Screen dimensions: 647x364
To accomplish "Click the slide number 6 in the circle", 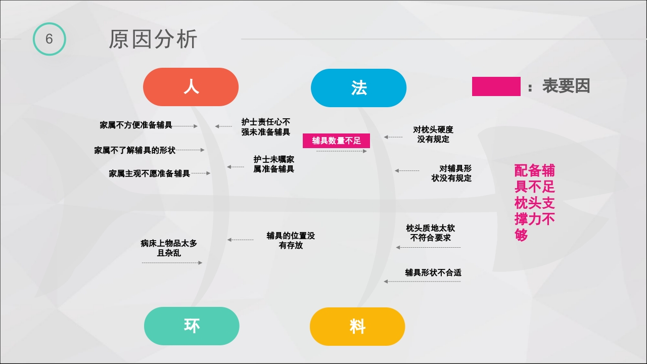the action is (49, 39).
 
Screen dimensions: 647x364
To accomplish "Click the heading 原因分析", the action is (153, 39).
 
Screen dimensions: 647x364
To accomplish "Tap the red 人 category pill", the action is (191, 87).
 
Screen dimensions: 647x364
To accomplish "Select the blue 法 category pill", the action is (358, 88).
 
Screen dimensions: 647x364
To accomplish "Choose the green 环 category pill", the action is (192, 326).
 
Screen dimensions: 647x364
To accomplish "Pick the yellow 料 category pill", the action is (357, 326).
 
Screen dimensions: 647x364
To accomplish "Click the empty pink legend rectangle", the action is (496, 86).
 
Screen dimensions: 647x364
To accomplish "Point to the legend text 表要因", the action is (566, 86).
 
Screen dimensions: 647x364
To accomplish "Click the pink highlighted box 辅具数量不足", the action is (336, 141).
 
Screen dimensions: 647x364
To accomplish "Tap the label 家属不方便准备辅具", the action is (135, 125).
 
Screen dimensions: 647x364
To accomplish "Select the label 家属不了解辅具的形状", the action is (134, 150).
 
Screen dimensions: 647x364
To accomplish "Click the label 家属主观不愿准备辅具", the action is (149, 173).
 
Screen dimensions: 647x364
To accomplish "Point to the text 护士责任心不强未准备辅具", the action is (265, 127).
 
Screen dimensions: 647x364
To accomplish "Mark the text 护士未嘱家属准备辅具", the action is (273, 164).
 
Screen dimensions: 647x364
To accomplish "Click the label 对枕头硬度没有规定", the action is (433, 134).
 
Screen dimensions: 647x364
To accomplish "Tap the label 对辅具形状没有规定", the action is (451, 173).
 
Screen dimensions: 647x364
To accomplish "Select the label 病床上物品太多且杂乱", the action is (169, 248).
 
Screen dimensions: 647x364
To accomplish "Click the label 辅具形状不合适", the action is (433, 272).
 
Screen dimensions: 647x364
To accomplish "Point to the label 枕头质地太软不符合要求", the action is (430, 233).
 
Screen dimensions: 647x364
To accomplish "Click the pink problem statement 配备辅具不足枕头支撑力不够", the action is (534, 202).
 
